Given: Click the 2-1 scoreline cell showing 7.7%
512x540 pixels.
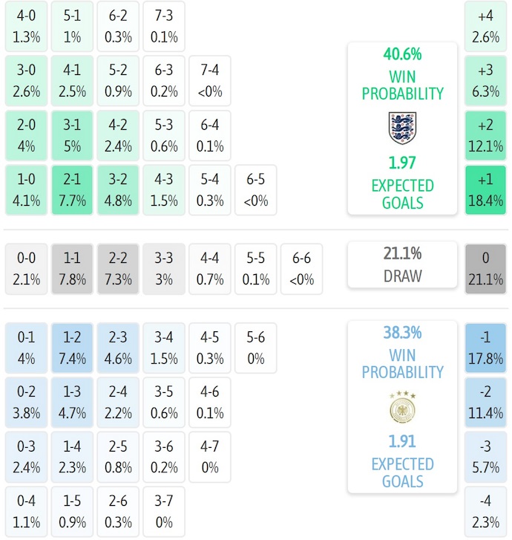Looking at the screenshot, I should tap(72, 190).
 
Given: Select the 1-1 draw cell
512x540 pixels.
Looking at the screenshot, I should tap(72, 269).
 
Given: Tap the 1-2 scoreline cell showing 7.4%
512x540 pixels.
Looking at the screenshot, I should tap(72, 348).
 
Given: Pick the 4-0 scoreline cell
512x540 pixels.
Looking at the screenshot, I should tap(26, 26).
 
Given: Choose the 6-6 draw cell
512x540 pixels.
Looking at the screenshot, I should tap(302, 269).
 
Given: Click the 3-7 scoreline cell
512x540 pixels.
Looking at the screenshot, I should tap(164, 512).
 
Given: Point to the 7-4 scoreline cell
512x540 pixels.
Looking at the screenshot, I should tap(210, 81).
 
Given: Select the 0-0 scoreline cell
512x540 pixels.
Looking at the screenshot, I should tap(26, 269).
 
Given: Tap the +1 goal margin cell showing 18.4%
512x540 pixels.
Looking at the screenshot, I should tap(486, 190).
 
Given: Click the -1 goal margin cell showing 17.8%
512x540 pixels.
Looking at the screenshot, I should tap(486, 348).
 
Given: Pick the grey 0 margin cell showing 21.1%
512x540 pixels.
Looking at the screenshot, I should tap(486, 269).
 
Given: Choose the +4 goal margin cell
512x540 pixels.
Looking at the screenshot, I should tap(486, 26).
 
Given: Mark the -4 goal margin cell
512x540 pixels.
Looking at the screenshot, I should tap(486, 512).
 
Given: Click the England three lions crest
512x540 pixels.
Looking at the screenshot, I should tap(403, 128).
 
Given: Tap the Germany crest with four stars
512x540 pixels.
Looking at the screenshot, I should tap(402, 407).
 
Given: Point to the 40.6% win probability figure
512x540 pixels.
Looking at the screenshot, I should tap(402, 54).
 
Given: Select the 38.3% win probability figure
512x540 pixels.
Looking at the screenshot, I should tap(402, 333).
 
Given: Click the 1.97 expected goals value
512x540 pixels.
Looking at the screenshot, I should tap(402, 162).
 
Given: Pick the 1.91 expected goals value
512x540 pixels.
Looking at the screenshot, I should tap(402, 441).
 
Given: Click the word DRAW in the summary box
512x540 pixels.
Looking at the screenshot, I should tap(402, 276).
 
